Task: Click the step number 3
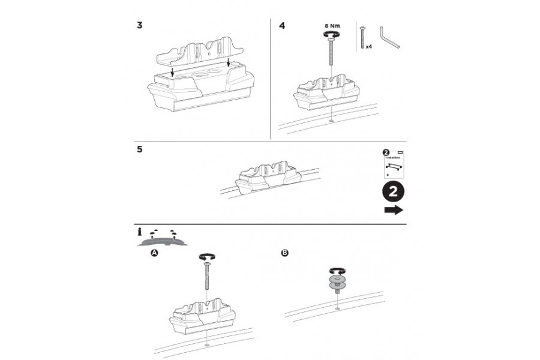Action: [x=139, y=26]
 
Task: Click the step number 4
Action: [x=283, y=26]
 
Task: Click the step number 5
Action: [x=139, y=149]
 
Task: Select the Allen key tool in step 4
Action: [x=390, y=38]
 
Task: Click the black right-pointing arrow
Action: [x=393, y=210]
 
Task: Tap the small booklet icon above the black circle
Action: [x=392, y=163]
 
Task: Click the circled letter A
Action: [x=154, y=254]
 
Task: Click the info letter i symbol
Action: [x=140, y=232]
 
